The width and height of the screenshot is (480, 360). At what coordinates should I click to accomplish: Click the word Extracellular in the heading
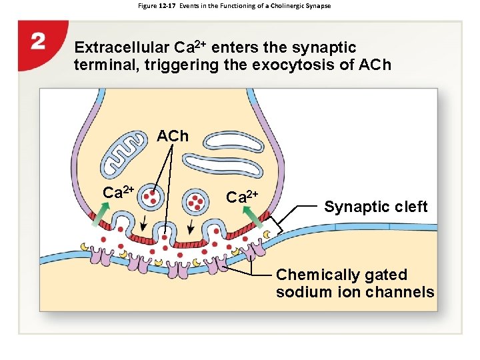pyautogui.click(x=122, y=48)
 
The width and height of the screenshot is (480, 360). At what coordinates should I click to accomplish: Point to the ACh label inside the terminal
pyautogui.click(x=173, y=137)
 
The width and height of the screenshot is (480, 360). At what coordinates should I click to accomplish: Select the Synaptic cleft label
pyautogui.click(x=376, y=207)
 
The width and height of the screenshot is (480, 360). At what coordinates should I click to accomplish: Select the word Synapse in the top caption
pyautogui.click(x=317, y=6)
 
